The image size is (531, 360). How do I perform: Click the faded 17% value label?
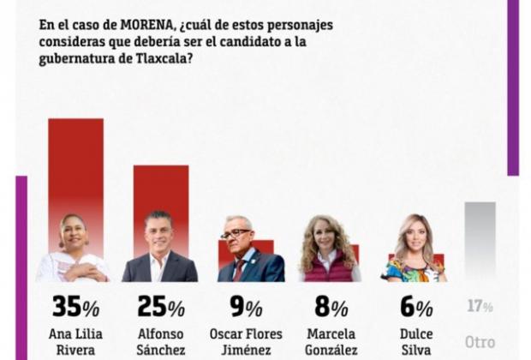(x=480, y=305)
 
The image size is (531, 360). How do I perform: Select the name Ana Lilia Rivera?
(x=75, y=341)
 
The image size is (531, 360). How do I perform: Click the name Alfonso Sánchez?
(x=160, y=341)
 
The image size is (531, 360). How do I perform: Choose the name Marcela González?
(x=330, y=341)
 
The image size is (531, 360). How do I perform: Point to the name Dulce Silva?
(x=414, y=341)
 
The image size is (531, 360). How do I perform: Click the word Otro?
(x=480, y=340)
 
